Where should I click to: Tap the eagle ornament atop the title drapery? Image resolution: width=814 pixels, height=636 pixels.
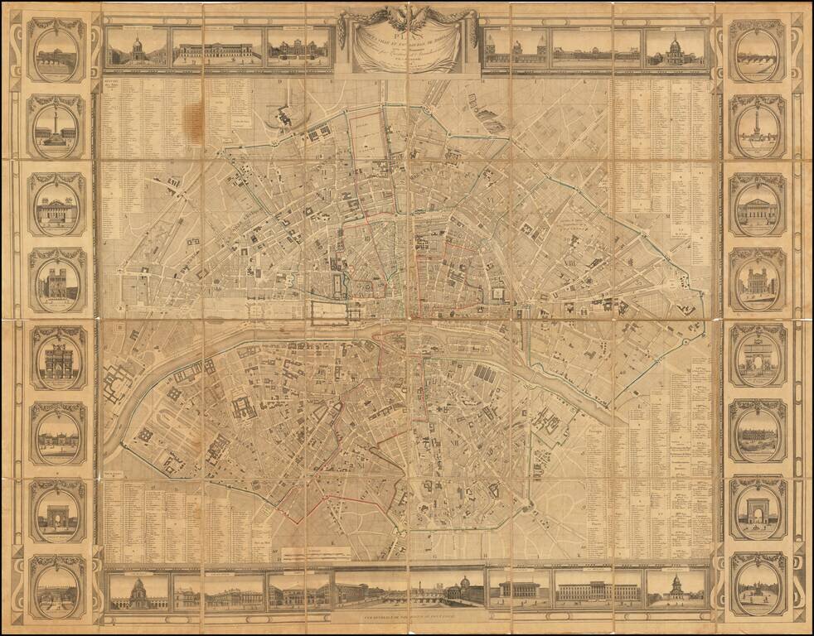coord(407,12)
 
